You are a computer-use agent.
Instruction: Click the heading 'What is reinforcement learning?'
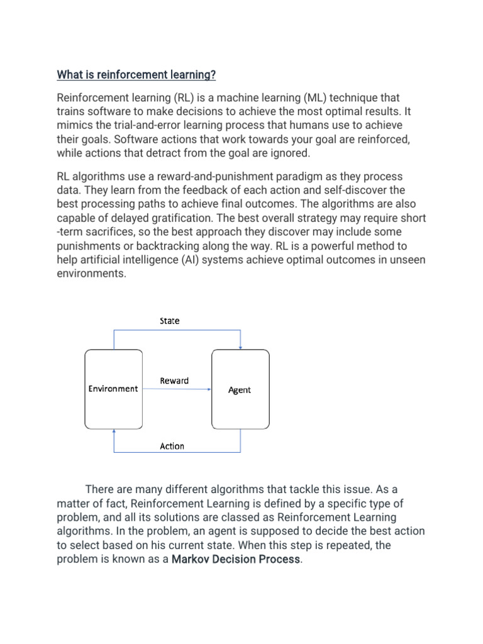[x=136, y=75]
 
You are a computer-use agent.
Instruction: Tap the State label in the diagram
[x=169, y=321]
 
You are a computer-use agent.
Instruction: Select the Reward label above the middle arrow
[x=174, y=380]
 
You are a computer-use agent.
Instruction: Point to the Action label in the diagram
[x=172, y=446]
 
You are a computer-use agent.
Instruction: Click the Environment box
[x=113, y=389]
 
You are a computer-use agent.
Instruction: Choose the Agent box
[x=239, y=390]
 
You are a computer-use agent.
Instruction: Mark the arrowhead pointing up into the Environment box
[x=114, y=432]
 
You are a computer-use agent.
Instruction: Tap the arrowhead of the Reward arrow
[x=209, y=389]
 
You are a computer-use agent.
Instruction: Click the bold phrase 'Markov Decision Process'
[x=236, y=559]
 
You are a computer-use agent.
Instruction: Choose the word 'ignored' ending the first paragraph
[x=292, y=153]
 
